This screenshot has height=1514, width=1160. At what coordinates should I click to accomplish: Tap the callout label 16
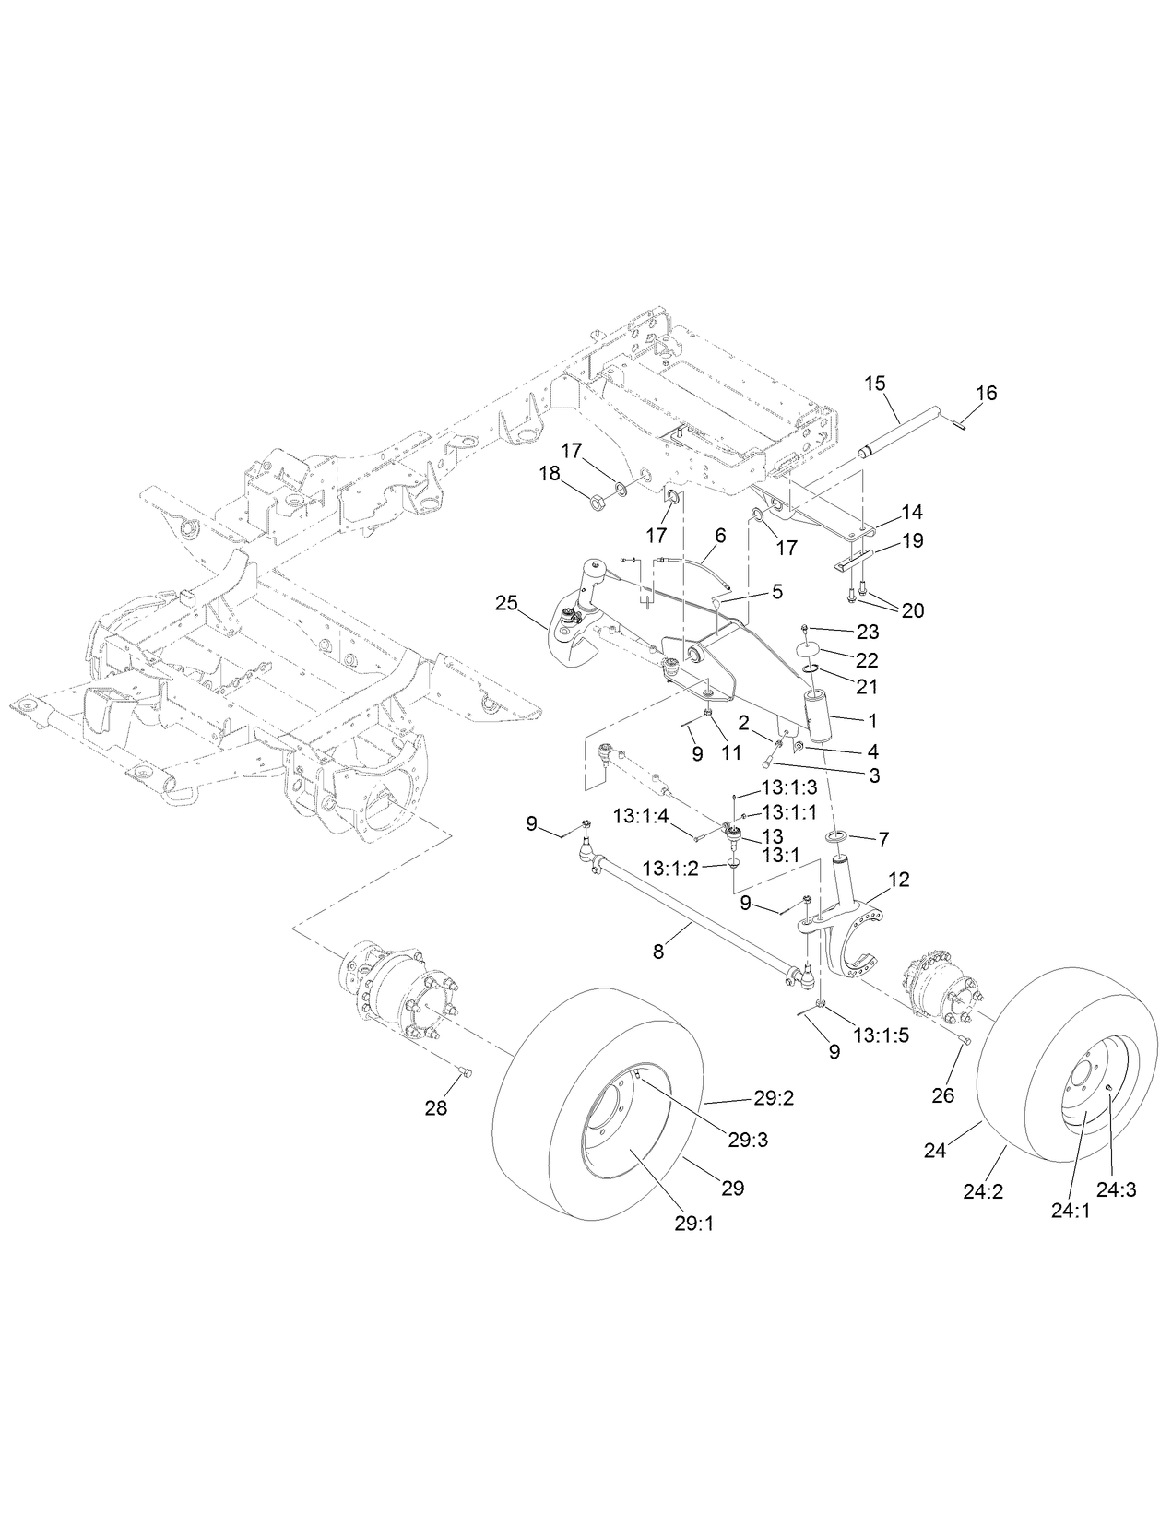[x=986, y=394]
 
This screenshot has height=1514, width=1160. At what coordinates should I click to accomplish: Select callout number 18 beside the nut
[x=550, y=473]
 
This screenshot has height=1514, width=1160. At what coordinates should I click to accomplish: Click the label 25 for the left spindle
[x=506, y=604]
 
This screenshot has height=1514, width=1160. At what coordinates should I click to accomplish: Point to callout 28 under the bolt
[x=435, y=1108]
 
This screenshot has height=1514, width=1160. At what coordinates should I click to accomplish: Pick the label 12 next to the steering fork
[x=898, y=881]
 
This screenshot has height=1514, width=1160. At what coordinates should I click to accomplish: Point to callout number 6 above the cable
[x=720, y=535]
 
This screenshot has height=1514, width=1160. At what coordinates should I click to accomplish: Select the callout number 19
[x=911, y=541]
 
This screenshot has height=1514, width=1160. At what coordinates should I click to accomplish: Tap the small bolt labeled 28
[x=465, y=1071]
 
